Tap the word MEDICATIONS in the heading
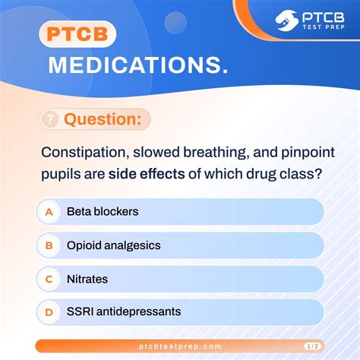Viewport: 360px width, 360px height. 137,66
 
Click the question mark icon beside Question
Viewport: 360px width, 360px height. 50,119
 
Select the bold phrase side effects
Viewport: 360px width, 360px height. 147,174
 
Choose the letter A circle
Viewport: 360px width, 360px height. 49,212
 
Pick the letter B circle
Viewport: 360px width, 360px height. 49,245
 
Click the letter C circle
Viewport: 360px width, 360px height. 49,279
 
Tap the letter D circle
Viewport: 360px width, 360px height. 49,311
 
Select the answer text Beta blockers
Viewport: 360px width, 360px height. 103,212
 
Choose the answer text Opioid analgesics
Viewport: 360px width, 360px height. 113,245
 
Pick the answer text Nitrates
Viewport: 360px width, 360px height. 87,279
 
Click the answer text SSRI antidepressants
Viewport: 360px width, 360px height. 124,311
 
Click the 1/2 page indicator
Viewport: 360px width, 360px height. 310,346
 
